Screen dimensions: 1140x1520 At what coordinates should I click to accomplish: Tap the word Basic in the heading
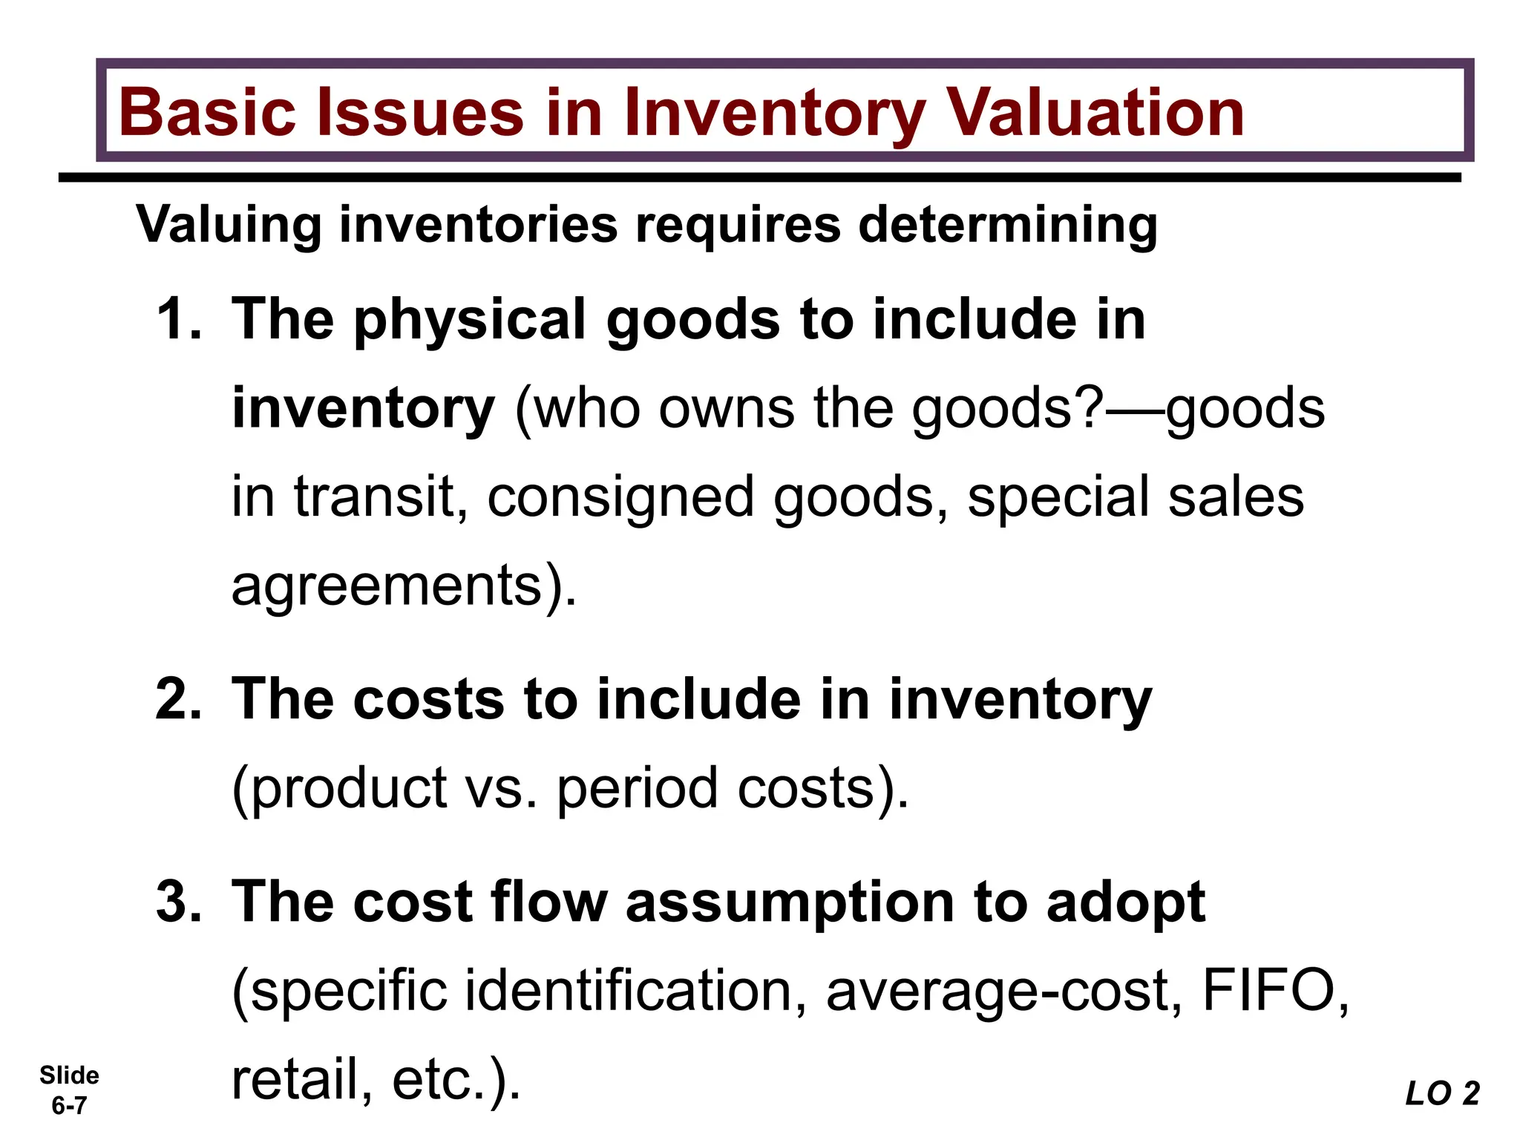pyautogui.click(x=209, y=113)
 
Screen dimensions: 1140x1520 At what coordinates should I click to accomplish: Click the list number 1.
pyautogui.click(x=178, y=319)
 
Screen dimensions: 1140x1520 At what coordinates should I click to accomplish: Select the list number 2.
pyautogui.click(x=178, y=699)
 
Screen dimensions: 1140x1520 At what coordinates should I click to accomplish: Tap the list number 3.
pyautogui.click(x=178, y=902)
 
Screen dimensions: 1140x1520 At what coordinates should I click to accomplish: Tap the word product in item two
pyautogui.click(x=349, y=788)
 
